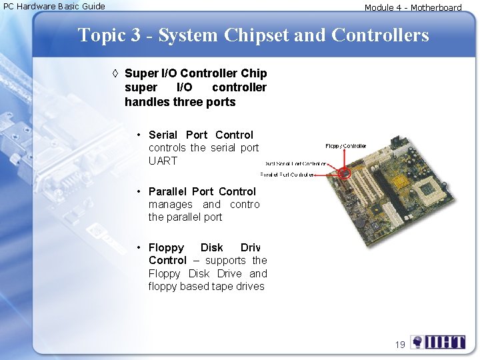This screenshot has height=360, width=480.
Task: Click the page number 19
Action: point(400,344)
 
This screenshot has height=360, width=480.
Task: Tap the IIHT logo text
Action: point(446,343)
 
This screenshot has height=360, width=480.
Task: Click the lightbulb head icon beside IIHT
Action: point(417,343)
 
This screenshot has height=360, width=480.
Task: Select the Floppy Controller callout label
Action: point(345,145)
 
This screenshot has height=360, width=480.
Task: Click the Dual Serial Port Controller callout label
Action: point(295,163)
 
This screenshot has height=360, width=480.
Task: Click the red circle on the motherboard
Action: point(345,173)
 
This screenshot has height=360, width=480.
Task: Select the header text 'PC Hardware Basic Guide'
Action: point(54,7)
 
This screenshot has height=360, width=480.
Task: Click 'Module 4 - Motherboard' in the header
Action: point(413,8)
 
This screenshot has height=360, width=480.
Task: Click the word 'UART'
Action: point(163,161)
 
